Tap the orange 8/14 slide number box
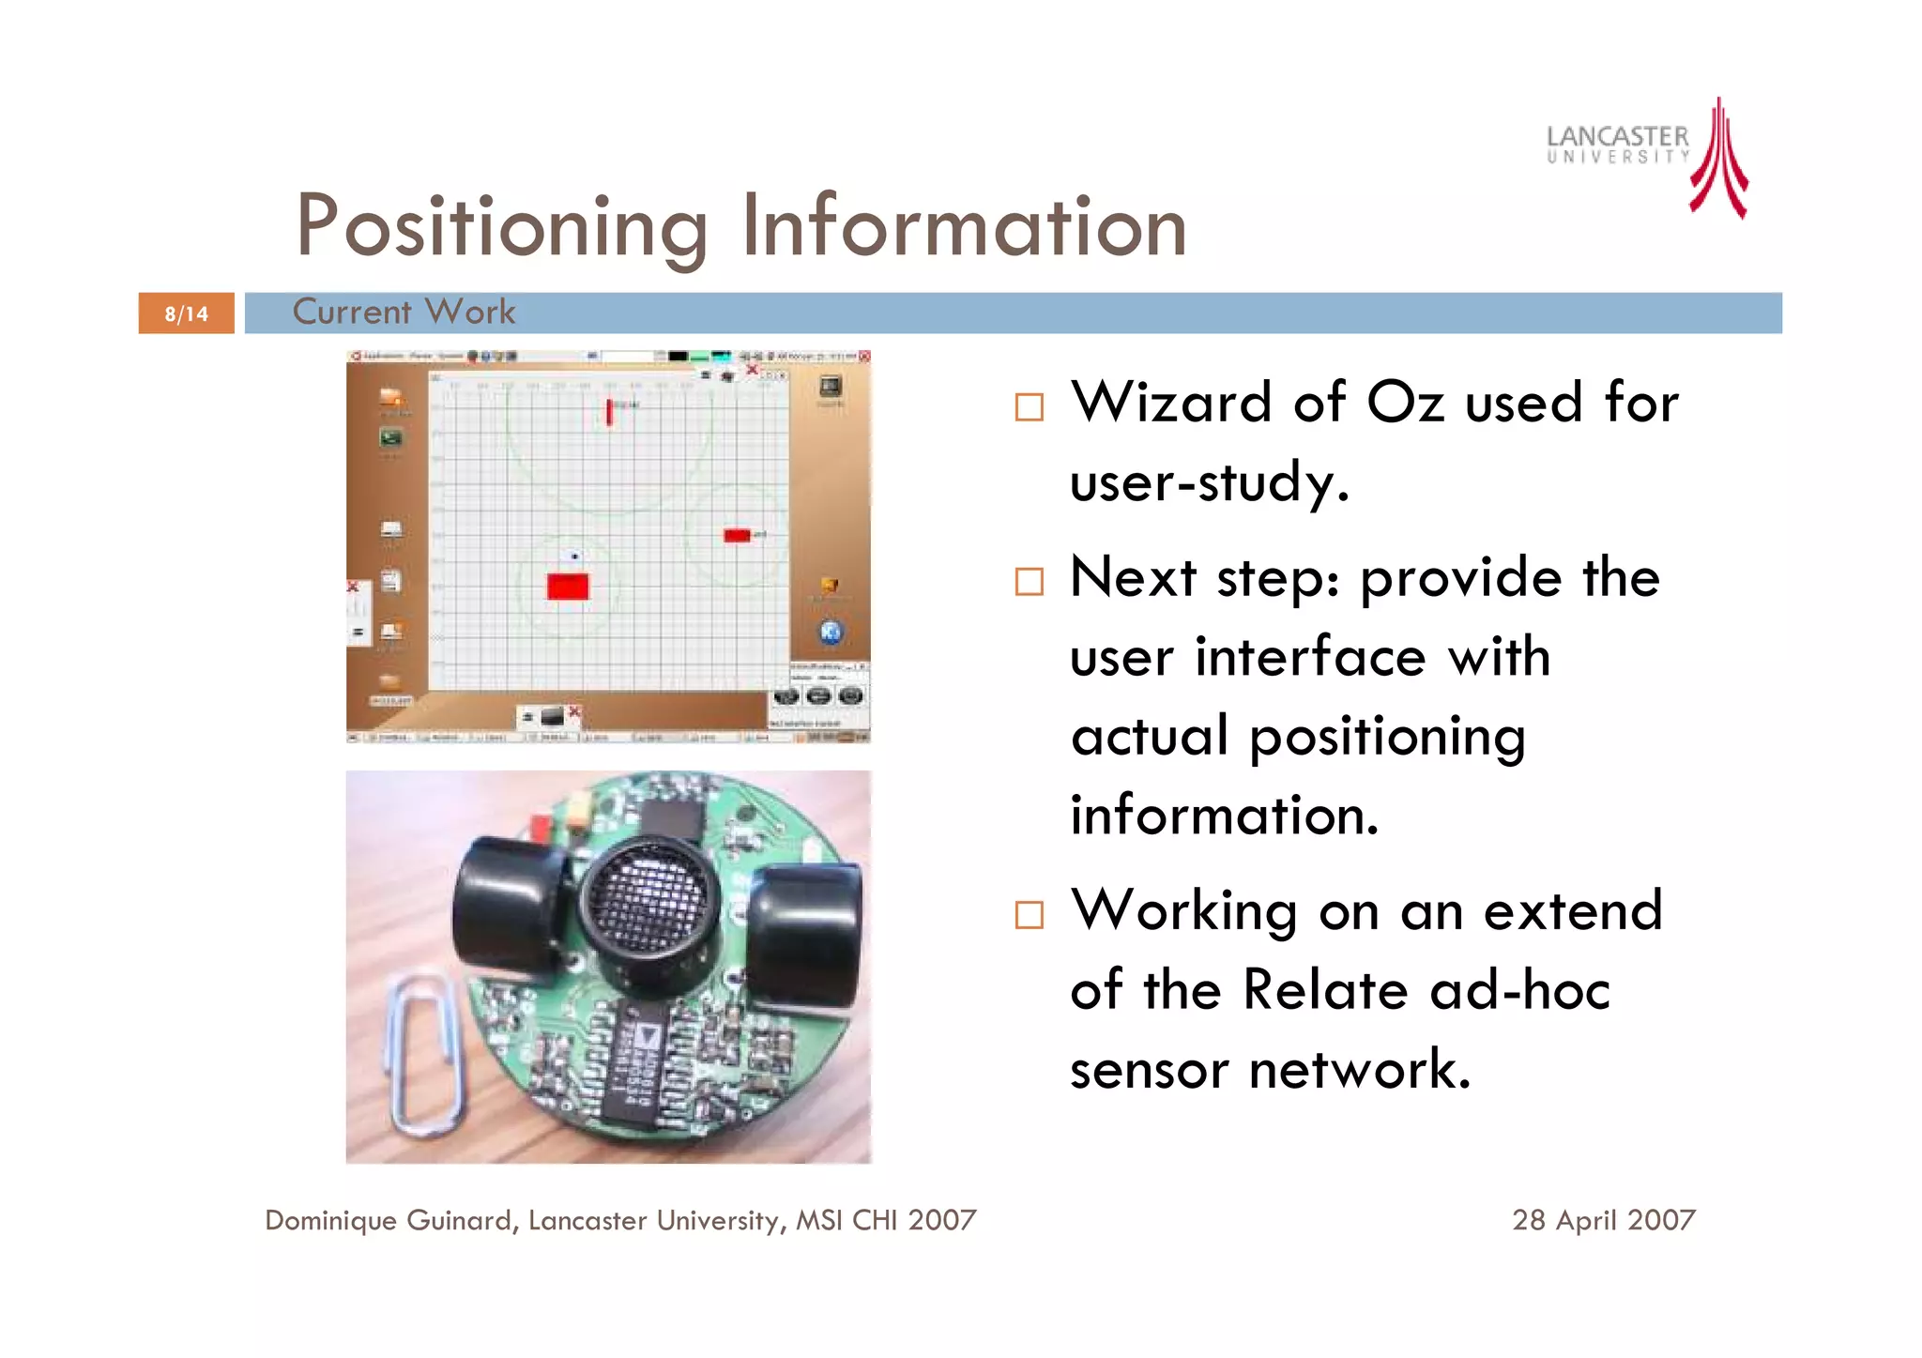coord(186,313)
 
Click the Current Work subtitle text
coord(404,312)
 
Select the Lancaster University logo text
coord(1617,145)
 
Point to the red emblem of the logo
coord(1719,160)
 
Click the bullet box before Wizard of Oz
coord(1029,407)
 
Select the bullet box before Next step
coord(1029,582)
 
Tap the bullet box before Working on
coord(1029,915)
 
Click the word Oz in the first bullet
coord(1405,404)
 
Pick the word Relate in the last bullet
coord(1324,990)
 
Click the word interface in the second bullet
coord(1310,657)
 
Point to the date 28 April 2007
coord(1603,1220)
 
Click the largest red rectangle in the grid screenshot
coord(568,587)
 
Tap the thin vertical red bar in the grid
coord(609,411)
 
